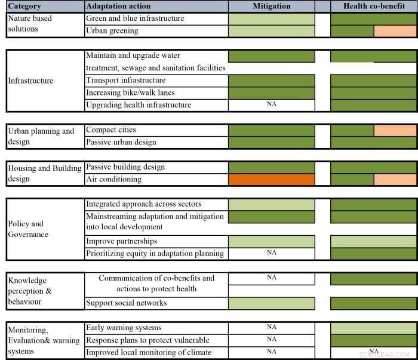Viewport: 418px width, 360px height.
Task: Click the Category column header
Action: [25, 6]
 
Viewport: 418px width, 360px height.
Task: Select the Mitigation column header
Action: [271, 6]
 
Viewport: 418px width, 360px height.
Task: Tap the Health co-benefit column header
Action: [374, 6]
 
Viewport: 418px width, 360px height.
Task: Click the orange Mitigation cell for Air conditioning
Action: [272, 179]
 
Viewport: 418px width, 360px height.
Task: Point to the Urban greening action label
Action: [112, 30]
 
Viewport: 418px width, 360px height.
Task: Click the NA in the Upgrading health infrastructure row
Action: [272, 104]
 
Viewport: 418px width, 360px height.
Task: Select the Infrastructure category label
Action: [30, 81]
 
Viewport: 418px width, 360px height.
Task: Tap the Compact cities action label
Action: [111, 130]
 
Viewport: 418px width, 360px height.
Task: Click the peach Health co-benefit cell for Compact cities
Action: [395, 130]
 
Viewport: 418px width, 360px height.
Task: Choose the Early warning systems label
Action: [124, 328]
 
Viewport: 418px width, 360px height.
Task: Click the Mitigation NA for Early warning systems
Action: [272, 327]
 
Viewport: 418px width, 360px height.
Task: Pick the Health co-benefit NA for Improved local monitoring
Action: [374, 352]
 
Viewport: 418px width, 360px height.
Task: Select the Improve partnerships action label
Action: [122, 241]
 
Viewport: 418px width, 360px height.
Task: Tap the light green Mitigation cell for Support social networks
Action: [272, 303]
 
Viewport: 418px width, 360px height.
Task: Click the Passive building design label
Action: [125, 167]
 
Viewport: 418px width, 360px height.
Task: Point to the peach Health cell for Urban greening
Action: [395, 31]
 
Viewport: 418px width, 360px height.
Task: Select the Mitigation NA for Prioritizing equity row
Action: [272, 253]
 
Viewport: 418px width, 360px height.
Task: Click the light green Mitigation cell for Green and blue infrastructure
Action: [272, 19]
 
